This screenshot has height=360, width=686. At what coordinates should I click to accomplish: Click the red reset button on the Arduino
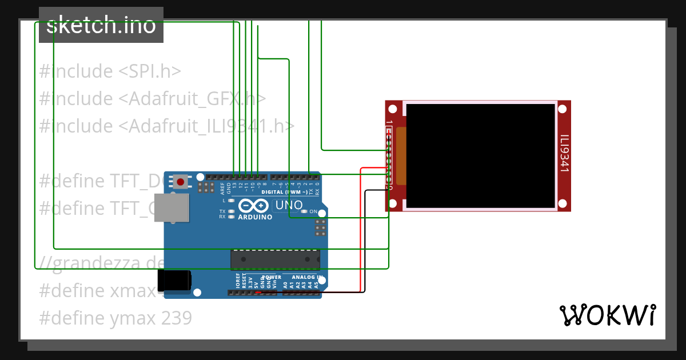pyautogui.click(x=181, y=182)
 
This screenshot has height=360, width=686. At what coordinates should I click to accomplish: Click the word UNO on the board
pyautogui.click(x=289, y=205)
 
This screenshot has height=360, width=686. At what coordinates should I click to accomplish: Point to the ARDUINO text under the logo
pyautogui.click(x=255, y=217)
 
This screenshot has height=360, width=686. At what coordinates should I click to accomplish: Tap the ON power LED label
pyautogui.click(x=313, y=211)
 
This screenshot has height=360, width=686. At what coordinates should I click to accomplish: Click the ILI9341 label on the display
pyautogui.click(x=564, y=153)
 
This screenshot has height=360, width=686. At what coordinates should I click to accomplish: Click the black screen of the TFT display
pyautogui.click(x=480, y=155)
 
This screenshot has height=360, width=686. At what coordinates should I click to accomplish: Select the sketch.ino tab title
pyautogui.click(x=101, y=25)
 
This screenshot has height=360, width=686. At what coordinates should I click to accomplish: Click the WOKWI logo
pyautogui.click(x=608, y=315)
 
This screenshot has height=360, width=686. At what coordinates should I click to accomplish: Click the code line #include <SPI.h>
pyautogui.click(x=110, y=71)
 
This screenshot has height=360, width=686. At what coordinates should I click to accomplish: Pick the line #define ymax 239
pyautogui.click(x=115, y=318)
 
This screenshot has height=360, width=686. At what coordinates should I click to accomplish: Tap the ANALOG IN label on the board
pyautogui.click(x=308, y=277)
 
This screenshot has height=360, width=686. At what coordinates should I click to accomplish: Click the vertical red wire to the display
pyautogui.click(x=361, y=229)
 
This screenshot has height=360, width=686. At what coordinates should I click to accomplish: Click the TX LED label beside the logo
pyautogui.click(x=222, y=211)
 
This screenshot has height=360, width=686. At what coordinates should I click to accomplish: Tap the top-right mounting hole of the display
pyautogui.click(x=563, y=107)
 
